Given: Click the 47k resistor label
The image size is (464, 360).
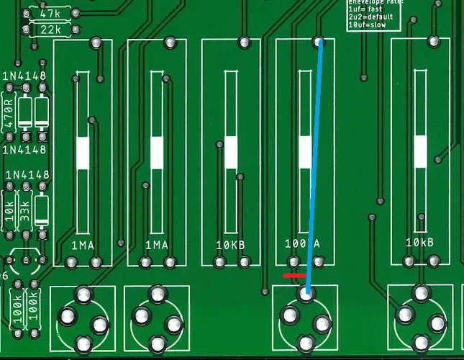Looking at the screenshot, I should click(x=50, y=14).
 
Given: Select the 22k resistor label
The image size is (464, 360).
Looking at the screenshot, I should click(x=50, y=30).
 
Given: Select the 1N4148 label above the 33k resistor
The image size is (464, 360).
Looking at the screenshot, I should click(x=27, y=175).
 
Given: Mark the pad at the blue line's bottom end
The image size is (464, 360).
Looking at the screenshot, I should click(x=307, y=293).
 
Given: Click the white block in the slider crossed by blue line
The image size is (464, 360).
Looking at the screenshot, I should click(x=306, y=153).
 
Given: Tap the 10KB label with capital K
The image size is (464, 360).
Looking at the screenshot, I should click(x=231, y=245).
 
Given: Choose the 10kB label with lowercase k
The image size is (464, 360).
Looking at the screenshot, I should click(x=419, y=243).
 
